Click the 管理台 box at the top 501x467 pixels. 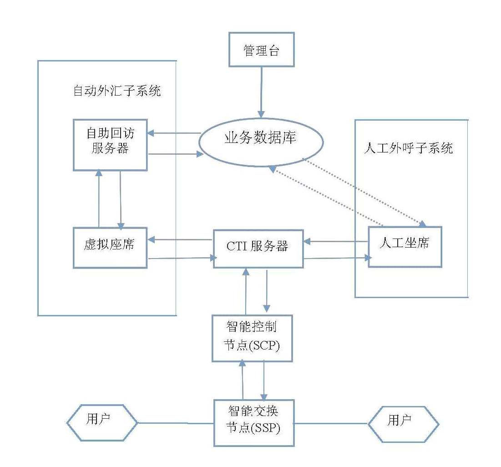(x=261, y=50)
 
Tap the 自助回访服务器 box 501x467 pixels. (x=110, y=145)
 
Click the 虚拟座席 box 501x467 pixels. (x=110, y=248)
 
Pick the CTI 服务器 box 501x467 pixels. (x=258, y=249)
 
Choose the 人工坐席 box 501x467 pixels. (x=405, y=247)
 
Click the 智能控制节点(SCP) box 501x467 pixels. (x=252, y=338)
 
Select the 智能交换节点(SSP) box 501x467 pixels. (x=254, y=423)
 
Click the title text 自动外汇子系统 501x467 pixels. (x=117, y=91)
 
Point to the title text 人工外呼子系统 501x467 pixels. (x=409, y=148)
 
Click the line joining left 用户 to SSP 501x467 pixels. (x=175, y=423)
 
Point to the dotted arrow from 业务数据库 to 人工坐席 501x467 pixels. (x=364, y=192)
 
